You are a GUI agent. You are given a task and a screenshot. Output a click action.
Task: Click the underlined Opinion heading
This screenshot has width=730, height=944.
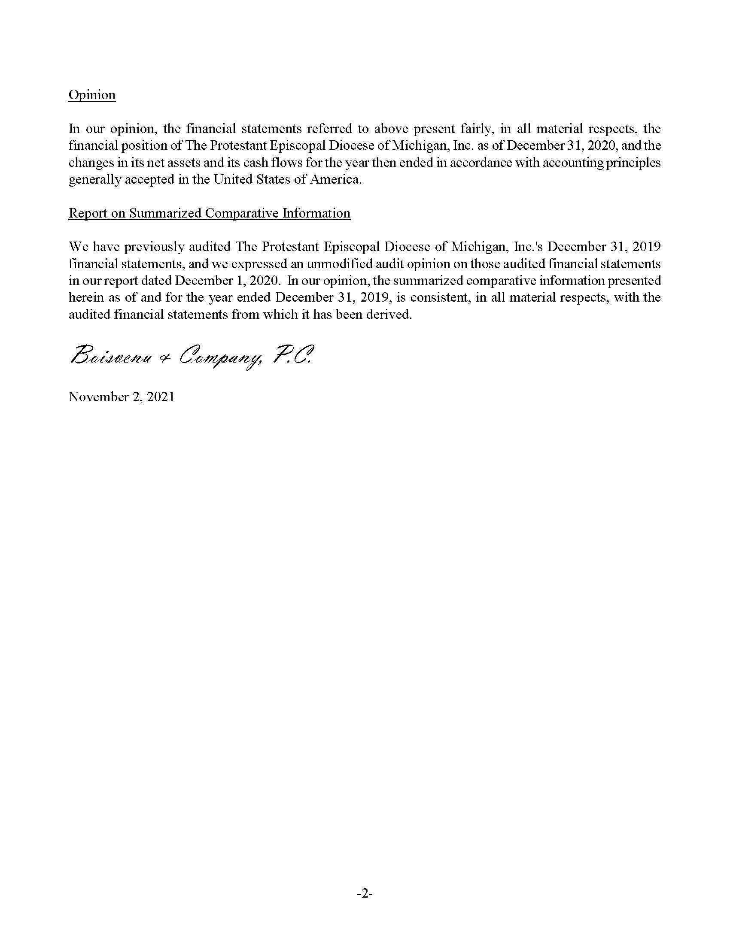(92, 95)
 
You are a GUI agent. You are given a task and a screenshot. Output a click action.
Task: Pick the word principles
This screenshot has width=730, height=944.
(637, 163)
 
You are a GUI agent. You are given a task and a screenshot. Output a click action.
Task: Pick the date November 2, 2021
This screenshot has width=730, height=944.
(122, 397)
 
